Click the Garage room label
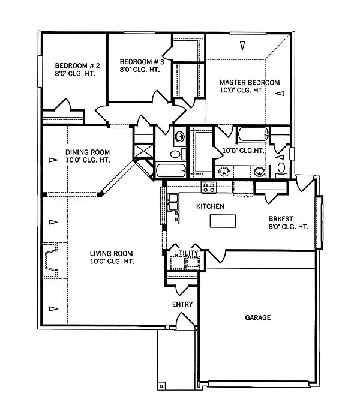tap(257, 317)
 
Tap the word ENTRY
tap(182, 304)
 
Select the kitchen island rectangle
tap(223, 221)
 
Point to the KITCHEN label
tap(210, 206)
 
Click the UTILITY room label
tap(186, 253)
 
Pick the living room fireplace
tap(51, 260)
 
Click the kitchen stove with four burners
tap(209, 187)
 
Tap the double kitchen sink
tap(173, 202)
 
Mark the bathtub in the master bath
tap(253, 134)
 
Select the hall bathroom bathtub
tap(171, 170)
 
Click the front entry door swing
tap(184, 319)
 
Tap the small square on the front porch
tap(161, 386)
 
